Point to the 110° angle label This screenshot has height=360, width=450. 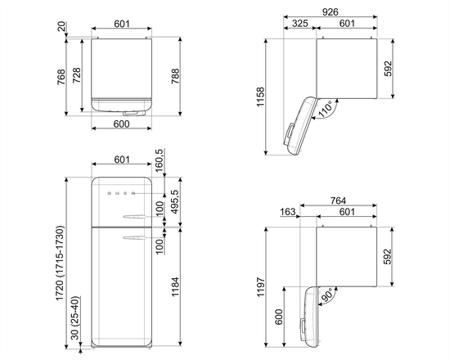[x=326, y=109]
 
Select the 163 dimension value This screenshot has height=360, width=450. [x=289, y=212]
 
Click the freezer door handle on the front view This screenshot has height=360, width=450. [x=134, y=217]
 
